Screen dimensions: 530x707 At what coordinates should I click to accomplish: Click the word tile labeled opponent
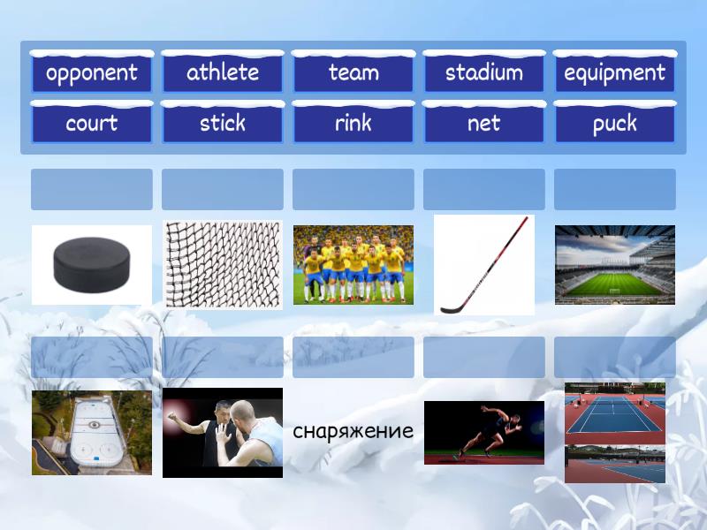(x=92, y=73)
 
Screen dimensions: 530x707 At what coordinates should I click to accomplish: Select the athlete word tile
(x=223, y=73)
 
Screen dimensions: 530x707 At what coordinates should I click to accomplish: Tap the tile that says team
(x=353, y=73)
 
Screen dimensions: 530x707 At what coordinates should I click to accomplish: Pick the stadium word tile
(x=484, y=73)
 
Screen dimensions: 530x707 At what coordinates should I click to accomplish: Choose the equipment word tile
(x=614, y=73)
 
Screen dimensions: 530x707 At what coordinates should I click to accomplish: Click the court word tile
(x=92, y=124)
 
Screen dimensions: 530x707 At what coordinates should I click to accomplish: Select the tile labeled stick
(x=223, y=124)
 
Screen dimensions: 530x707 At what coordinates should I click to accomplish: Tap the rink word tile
(x=353, y=124)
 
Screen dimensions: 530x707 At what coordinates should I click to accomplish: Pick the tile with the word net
(x=484, y=124)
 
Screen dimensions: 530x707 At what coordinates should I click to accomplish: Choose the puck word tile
(x=614, y=124)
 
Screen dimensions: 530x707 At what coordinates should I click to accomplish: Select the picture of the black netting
(x=223, y=264)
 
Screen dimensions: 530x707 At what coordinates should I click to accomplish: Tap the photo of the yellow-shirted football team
(x=353, y=264)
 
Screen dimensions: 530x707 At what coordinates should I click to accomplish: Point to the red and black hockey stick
(x=484, y=264)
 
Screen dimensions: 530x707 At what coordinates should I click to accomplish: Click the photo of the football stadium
(x=614, y=264)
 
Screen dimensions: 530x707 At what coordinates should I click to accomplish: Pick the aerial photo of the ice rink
(x=92, y=433)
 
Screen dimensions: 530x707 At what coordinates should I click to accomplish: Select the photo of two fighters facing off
(x=223, y=433)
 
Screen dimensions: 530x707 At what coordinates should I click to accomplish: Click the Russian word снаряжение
(x=353, y=432)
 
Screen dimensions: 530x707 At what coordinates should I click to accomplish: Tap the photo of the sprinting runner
(x=484, y=433)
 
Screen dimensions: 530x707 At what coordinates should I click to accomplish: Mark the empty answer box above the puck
(x=92, y=189)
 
